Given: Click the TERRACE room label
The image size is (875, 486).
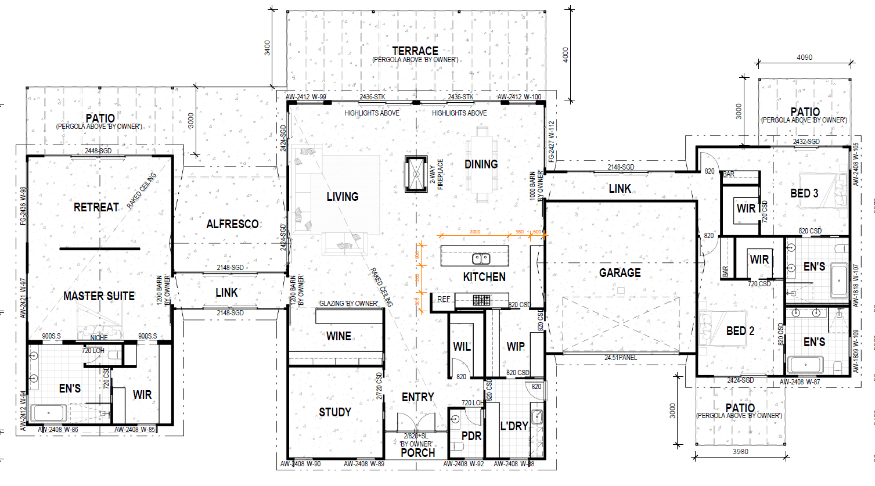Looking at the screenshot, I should pyautogui.click(x=415, y=51).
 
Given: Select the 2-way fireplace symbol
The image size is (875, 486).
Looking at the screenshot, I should pyautogui.click(x=416, y=174).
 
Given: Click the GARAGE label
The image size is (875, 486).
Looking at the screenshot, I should pyautogui.click(x=620, y=273).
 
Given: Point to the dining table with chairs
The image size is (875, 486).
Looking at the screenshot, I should pyautogui.click(x=481, y=164).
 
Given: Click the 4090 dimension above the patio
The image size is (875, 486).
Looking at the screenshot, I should pyautogui.click(x=804, y=57).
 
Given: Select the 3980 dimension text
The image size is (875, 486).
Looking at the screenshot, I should pyautogui.click(x=740, y=451).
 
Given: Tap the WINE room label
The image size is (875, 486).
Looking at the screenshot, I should pyautogui.click(x=339, y=336).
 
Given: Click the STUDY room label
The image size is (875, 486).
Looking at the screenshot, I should pyautogui.click(x=335, y=412).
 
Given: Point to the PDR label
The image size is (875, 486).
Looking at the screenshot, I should pyautogui.click(x=471, y=435).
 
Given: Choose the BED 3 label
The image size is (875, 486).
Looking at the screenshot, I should pyautogui.click(x=804, y=193).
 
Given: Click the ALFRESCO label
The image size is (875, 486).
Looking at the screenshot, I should pyautogui.click(x=232, y=224).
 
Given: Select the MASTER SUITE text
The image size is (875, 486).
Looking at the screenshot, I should pyautogui.click(x=99, y=296).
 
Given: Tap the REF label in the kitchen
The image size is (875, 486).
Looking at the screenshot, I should pyautogui.click(x=444, y=300).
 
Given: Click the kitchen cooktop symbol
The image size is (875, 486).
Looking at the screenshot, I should pyautogui.click(x=481, y=300).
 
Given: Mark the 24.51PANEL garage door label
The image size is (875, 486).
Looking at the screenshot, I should pyautogui.click(x=621, y=358).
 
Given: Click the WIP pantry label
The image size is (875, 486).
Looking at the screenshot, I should pyautogui.click(x=516, y=347).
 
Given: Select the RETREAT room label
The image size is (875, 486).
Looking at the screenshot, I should pyautogui.click(x=96, y=207).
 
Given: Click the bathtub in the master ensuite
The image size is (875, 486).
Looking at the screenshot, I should pyautogui.click(x=49, y=413).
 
